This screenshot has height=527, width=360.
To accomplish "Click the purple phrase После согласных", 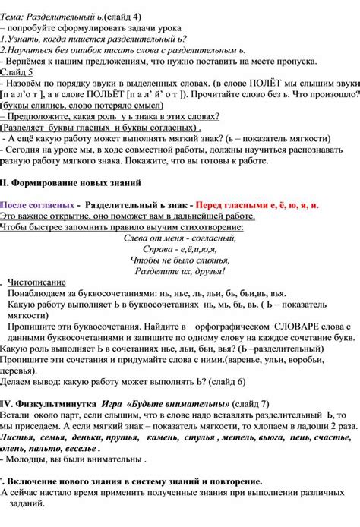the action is [38, 205].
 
